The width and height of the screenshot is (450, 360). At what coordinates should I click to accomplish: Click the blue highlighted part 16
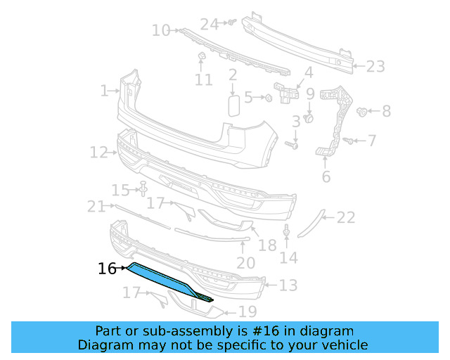[x=166, y=281]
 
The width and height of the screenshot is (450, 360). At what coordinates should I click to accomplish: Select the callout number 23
[x=375, y=67]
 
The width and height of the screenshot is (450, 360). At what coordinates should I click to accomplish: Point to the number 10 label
[x=161, y=30]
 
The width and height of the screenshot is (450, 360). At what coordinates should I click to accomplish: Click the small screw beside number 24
[x=229, y=23]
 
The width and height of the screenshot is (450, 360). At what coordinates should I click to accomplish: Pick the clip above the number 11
[x=200, y=56]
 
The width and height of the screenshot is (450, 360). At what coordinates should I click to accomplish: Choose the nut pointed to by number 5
[x=269, y=98]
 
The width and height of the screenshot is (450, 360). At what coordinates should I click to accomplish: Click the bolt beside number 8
[x=363, y=111]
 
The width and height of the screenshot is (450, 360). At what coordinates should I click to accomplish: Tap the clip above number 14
[x=287, y=231]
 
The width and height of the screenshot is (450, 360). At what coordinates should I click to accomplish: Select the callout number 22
[x=346, y=218]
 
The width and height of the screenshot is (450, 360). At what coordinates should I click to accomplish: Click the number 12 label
[x=98, y=152]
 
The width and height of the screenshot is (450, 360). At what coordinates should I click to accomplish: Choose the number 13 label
[x=288, y=285]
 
